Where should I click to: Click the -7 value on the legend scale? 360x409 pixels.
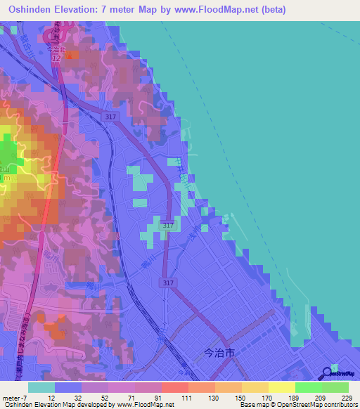click(20, 397)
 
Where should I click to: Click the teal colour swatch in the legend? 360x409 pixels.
click(41, 387)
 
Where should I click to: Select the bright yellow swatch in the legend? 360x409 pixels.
click(281, 387)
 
